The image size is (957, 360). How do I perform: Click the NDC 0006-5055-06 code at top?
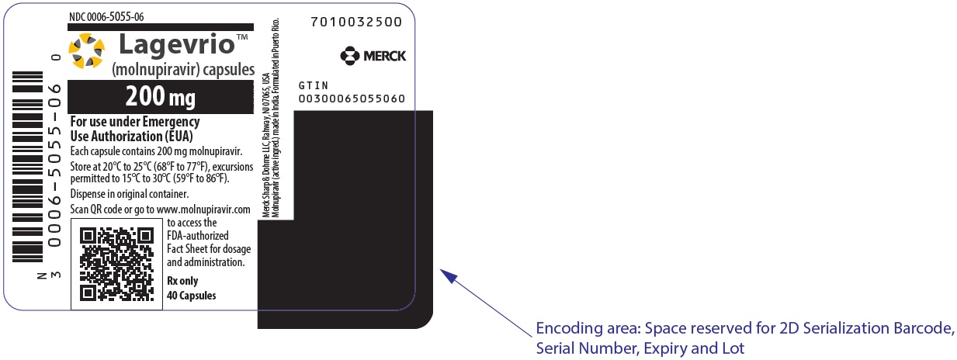[x=106, y=16]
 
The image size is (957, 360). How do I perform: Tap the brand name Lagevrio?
[x=177, y=45]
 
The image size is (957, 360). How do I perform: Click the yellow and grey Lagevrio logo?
[x=87, y=50]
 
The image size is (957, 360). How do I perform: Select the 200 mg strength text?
[x=161, y=96]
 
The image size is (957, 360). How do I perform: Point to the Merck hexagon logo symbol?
[x=349, y=56]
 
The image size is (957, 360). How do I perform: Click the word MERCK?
[x=384, y=56]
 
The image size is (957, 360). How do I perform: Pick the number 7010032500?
[x=356, y=22]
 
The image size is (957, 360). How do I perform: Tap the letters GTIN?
[x=313, y=85]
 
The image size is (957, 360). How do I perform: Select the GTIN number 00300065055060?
[x=352, y=99]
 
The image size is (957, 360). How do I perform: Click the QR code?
[x=116, y=264]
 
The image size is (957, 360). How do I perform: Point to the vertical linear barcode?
[x=28, y=167]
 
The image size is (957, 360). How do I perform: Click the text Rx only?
[x=182, y=281]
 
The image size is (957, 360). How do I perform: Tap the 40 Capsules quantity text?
[x=192, y=295]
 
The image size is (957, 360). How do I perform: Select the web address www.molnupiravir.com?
[x=203, y=209]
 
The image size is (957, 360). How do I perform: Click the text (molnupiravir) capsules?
[x=183, y=70]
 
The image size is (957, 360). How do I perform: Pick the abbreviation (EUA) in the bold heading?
[x=179, y=137]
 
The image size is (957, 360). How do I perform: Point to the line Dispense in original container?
[x=130, y=194]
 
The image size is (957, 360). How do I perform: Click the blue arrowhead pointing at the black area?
[x=449, y=276]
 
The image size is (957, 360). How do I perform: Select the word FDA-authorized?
[x=198, y=235]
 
